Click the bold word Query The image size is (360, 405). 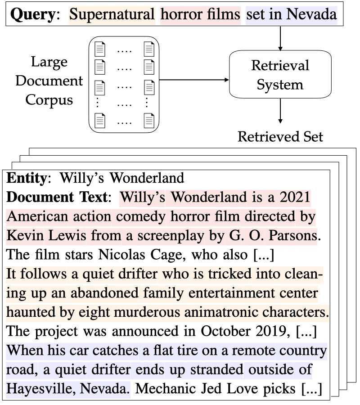(31, 15)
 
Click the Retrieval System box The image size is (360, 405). (280, 75)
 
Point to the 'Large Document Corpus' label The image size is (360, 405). (49, 81)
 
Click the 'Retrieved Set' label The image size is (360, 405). (280, 136)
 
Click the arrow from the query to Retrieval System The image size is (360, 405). (280, 36)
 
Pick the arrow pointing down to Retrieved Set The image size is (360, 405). (280, 111)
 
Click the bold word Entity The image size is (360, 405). (26, 178)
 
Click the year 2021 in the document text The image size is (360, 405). (294, 198)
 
